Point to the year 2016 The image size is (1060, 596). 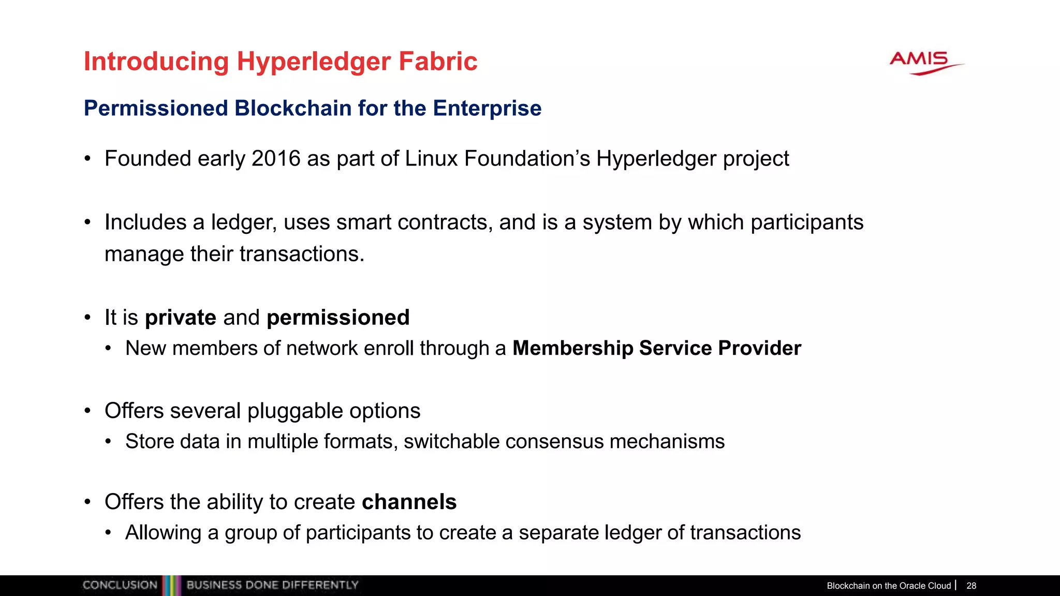pos(276,158)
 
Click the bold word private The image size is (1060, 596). pos(181,318)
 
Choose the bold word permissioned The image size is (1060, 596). pos(338,318)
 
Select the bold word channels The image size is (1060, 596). pos(409,502)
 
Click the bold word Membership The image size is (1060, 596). pos(572,348)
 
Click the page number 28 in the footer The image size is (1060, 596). pos(971,586)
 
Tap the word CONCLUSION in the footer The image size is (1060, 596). pos(120,585)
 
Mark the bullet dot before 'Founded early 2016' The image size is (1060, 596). pos(88,159)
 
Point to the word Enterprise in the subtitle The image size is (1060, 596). pos(487,108)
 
